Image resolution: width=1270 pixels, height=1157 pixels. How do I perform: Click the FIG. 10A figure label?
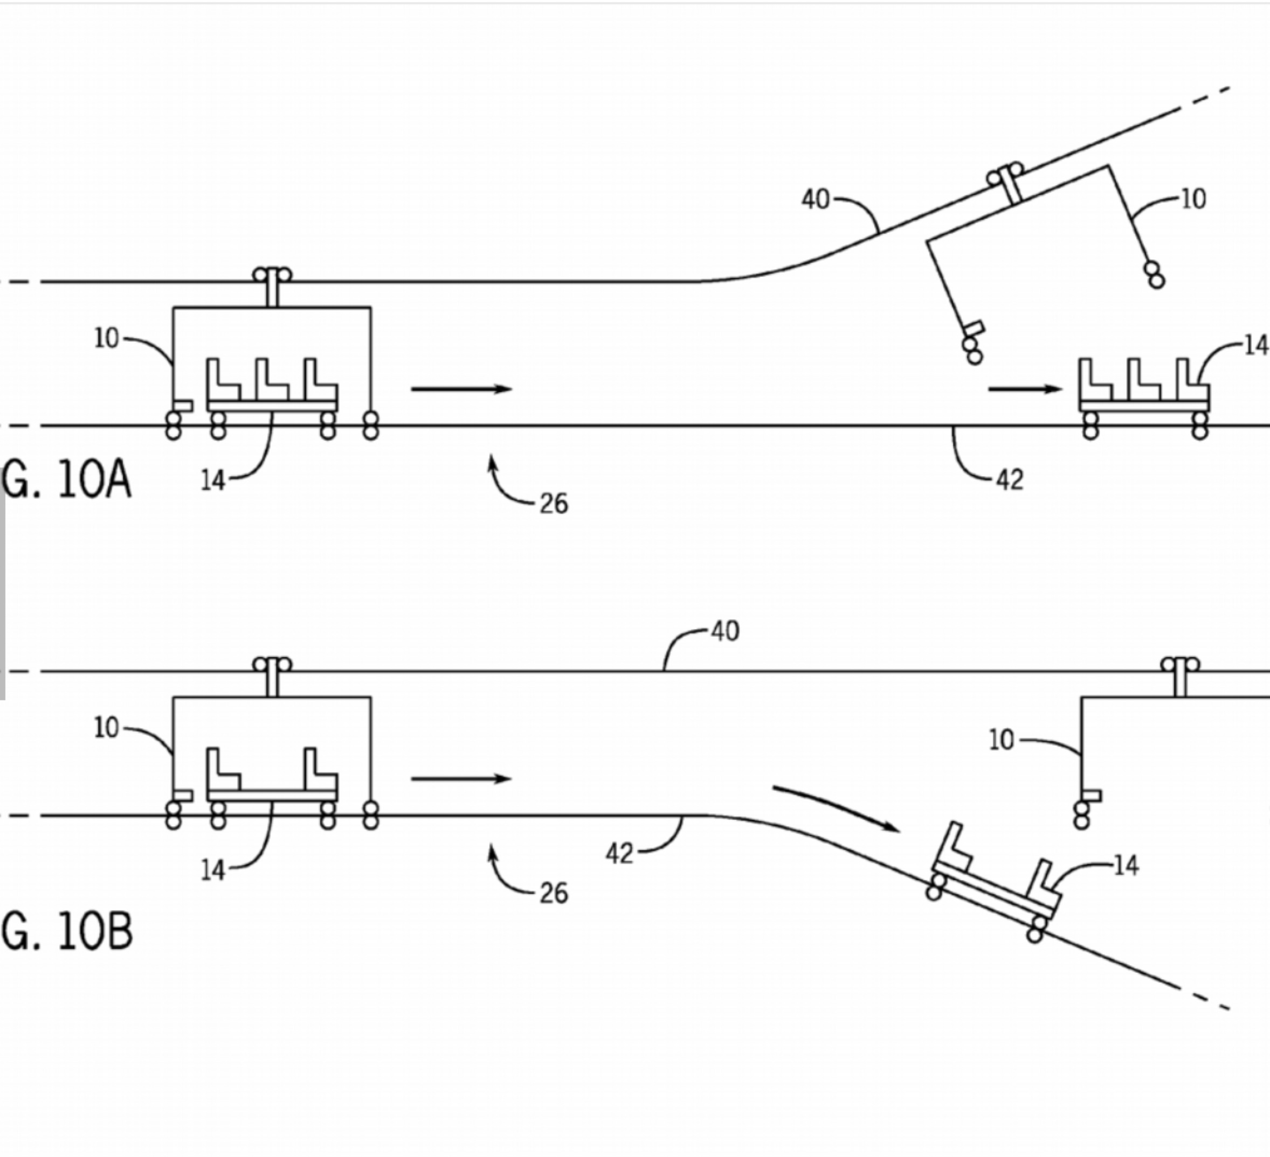click(x=66, y=480)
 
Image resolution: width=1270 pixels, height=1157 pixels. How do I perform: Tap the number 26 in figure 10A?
click(x=554, y=504)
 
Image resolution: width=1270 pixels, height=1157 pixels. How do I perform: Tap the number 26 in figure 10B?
click(x=554, y=893)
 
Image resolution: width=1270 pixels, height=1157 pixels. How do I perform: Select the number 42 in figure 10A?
click(x=1010, y=480)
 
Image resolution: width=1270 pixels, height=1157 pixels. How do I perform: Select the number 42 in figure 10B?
click(x=619, y=854)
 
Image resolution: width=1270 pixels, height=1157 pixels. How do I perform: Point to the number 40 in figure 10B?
click(x=725, y=631)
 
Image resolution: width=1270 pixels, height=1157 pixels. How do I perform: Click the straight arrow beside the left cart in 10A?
click(x=462, y=389)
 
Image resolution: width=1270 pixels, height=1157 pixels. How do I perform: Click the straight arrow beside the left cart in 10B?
click(x=462, y=779)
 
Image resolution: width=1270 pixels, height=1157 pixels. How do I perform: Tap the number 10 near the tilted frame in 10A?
click(x=1192, y=199)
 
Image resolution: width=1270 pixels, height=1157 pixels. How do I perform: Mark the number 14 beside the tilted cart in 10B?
click(x=1127, y=867)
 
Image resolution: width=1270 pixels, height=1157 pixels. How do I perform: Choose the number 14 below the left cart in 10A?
click(x=213, y=482)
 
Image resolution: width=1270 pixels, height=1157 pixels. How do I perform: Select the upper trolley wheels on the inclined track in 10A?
click(x=1005, y=175)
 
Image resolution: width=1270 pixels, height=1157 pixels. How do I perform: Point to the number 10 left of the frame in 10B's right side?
click(x=1002, y=740)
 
